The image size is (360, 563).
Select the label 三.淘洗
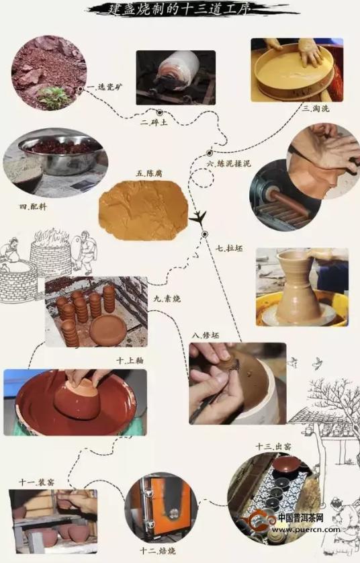[314, 107]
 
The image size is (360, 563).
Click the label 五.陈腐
[148, 173]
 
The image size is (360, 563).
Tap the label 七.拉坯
[228, 248]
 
